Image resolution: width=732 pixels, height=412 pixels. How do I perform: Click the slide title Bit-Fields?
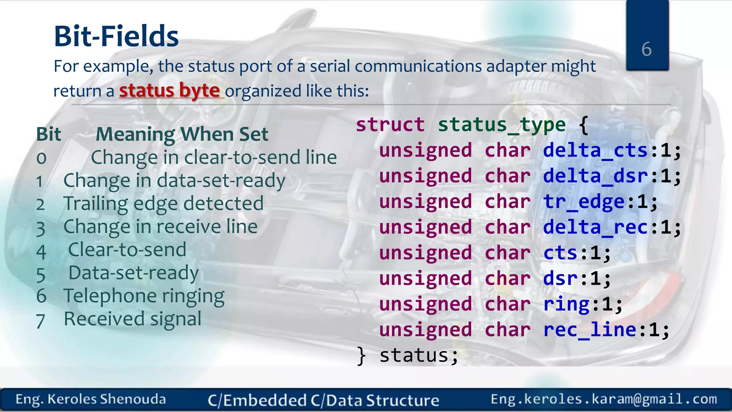116,36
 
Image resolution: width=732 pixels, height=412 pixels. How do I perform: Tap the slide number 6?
646,49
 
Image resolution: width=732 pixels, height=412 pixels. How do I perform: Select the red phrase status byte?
169,90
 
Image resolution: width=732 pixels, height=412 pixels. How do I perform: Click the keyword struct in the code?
390,125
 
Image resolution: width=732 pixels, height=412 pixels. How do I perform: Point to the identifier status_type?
502,125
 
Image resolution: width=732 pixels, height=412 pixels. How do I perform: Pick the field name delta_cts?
595,150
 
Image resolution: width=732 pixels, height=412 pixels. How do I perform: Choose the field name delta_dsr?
595,176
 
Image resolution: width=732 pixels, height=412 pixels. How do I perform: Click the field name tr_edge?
584,202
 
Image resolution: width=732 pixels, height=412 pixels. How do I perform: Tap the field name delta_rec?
595,227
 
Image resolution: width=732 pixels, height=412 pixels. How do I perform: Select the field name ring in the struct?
566,304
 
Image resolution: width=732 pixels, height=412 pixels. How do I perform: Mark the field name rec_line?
589,330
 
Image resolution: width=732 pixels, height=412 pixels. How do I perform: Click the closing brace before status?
362,356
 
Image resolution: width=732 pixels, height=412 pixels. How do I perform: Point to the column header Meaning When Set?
182,134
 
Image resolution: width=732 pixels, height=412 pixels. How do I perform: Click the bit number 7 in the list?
40,321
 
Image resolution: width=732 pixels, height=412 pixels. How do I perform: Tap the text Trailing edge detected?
163,203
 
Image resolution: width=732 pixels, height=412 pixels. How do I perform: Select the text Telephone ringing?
144,296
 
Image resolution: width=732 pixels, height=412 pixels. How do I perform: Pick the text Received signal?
132,319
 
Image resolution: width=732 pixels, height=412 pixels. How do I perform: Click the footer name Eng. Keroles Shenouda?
91,399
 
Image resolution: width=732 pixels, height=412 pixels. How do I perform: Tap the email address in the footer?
604,399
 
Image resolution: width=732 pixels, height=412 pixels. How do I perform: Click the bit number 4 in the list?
41,251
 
